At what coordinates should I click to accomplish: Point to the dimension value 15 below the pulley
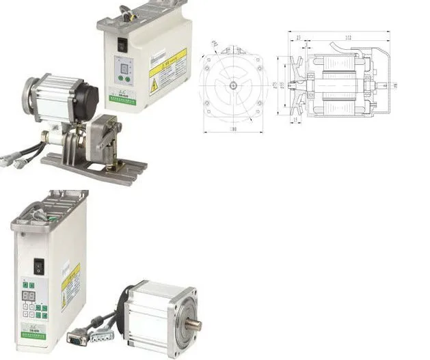point(294,120)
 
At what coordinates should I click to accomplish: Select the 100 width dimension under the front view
point(233,128)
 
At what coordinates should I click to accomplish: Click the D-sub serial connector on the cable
point(77,337)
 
